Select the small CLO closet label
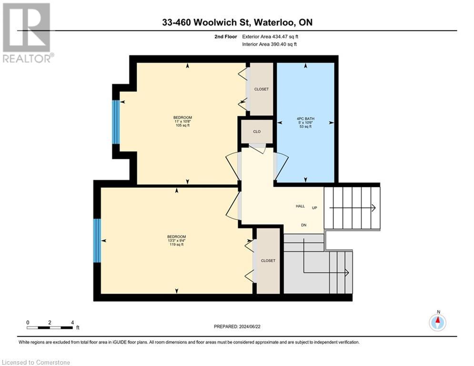tap(257, 132)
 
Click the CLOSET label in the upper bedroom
tap(261, 89)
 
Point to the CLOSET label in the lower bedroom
tap(268, 261)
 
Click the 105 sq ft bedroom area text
tap(182, 126)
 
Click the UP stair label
tap(314, 208)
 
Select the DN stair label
tap(303, 225)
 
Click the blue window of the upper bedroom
tap(115, 122)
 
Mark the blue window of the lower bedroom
tap(97, 240)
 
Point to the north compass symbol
tap(437, 322)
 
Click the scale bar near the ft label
tap(50, 328)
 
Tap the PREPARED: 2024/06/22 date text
tap(237, 326)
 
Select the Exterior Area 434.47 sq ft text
tap(271, 36)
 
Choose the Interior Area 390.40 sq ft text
tap(270, 44)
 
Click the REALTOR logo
tap(27, 32)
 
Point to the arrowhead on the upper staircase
tap(373, 208)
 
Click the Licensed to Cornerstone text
tap(36, 362)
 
